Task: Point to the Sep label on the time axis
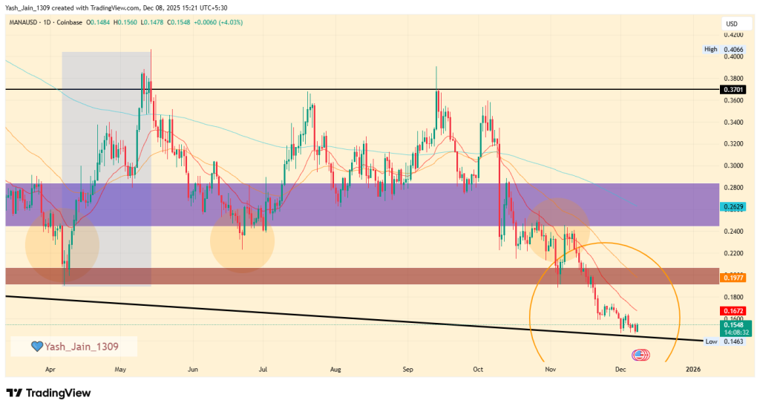click(x=407, y=369)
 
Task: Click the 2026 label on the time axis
click(x=692, y=369)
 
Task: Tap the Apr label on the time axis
click(x=50, y=369)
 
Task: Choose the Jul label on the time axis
click(x=263, y=369)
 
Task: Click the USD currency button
click(x=732, y=24)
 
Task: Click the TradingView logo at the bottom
click(x=49, y=393)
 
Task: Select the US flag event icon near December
click(x=637, y=354)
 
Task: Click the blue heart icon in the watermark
click(x=35, y=347)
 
